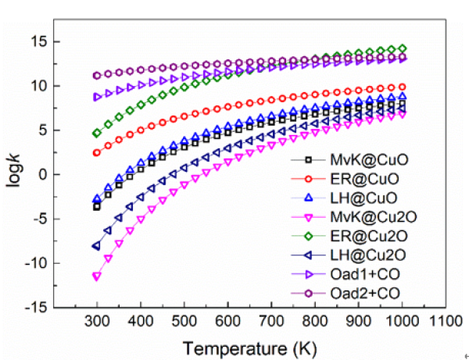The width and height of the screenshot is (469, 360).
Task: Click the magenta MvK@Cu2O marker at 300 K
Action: click(x=97, y=276)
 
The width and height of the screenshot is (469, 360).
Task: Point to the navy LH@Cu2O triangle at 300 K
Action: click(x=97, y=246)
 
